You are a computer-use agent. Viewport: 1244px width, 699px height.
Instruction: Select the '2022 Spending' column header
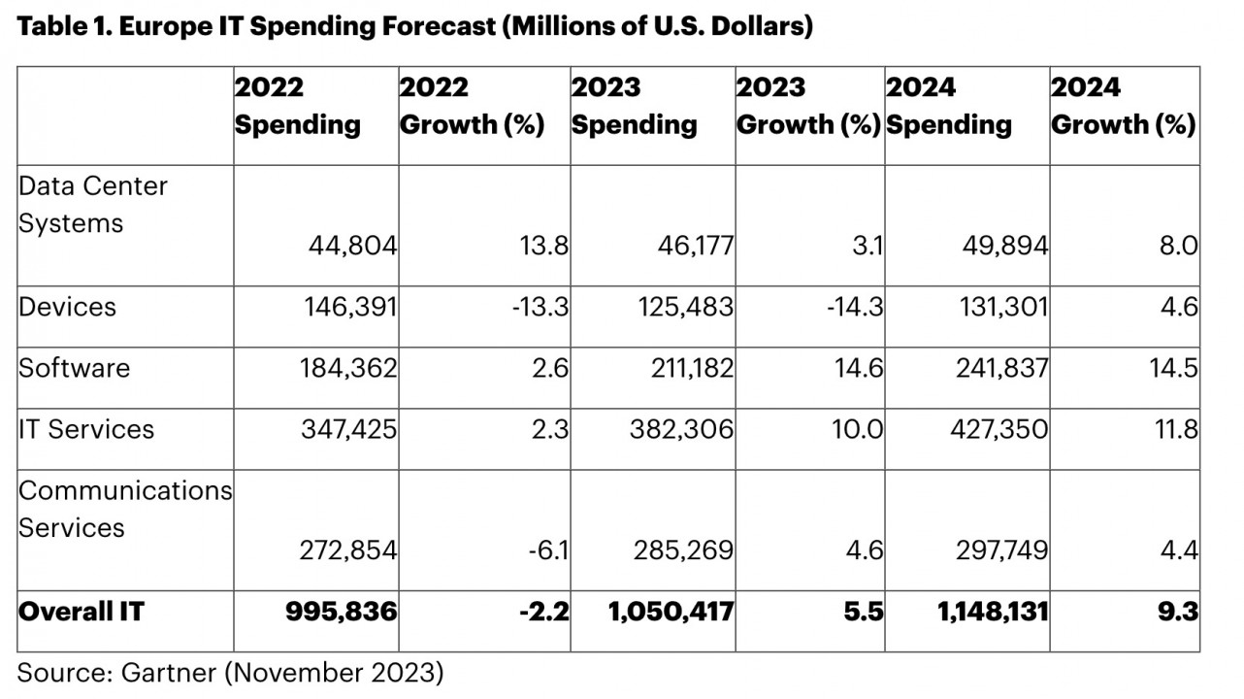pyautogui.click(x=297, y=106)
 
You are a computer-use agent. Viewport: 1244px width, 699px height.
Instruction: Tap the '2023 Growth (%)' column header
pyautogui.click(x=808, y=106)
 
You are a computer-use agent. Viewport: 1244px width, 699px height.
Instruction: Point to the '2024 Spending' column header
pyautogui.click(x=949, y=106)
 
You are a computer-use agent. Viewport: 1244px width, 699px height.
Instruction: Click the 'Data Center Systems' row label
pyautogui.click(x=92, y=204)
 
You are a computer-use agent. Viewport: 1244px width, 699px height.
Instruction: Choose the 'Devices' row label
pyautogui.click(x=67, y=307)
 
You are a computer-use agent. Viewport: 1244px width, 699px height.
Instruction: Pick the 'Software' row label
pyautogui.click(x=74, y=368)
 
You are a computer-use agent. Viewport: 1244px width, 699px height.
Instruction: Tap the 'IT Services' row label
pyautogui.click(x=86, y=429)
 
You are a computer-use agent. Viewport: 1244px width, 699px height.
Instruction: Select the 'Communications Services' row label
pyautogui.click(x=125, y=509)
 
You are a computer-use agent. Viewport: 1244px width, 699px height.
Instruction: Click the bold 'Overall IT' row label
pyautogui.click(x=81, y=613)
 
